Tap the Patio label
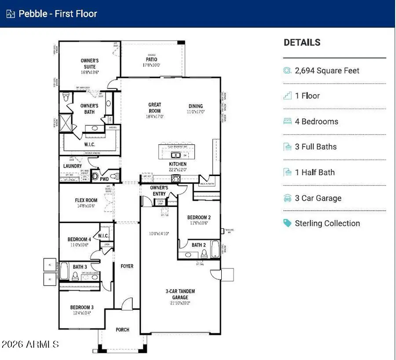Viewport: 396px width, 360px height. [x=151, y=59]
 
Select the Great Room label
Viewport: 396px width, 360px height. [x=154, y=108]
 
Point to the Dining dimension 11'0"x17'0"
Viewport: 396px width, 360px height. [x=196, y=112]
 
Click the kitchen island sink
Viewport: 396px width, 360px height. [x=175, y=155]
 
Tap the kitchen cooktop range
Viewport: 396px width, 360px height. [x=176, y=178]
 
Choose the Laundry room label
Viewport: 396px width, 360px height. [x=73, y=166]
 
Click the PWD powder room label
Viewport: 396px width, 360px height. [x=104, y=179]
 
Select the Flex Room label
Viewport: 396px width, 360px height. [x=86, y=200]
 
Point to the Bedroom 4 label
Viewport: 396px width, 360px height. [x=79, y=239]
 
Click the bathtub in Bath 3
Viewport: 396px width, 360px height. [x=65, y=272]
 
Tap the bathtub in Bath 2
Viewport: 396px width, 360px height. [x=215, y=249]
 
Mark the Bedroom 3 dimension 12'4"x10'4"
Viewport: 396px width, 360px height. [x=82, y=313]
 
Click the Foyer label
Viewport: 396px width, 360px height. [x=127, y=266]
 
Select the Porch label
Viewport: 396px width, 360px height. [x=122, y=330]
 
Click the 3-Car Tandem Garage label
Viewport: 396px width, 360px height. [x=180, y=294]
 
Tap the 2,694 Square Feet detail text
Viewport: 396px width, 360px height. [x=327, y=70]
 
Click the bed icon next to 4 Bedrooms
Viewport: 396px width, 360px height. [x=287, y=121]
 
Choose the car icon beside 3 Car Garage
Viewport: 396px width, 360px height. [x=287, y=198]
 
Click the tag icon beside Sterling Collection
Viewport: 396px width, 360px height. [x=287, y=223]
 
